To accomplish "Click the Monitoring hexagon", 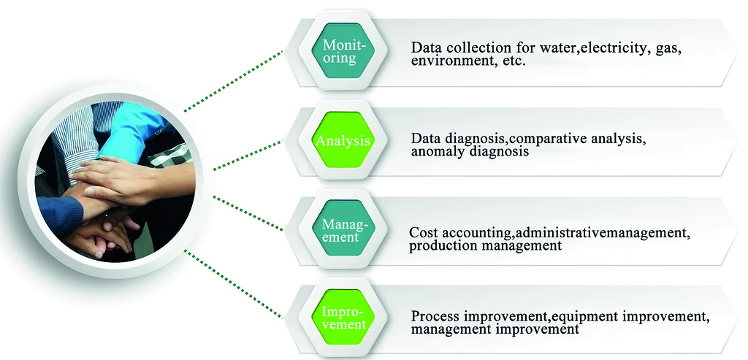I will pyautogui.click(x=340, y=51).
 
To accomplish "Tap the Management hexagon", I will pyautogui.click(x=340, y=229).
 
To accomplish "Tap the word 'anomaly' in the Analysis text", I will pyautogui.click(x=436, y=152).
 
